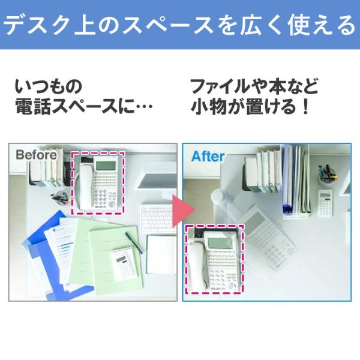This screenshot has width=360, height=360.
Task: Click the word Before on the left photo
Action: coord(36,155)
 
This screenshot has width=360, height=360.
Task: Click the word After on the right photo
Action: coord(208,157)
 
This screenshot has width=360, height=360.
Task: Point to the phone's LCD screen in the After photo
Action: coord(220,241)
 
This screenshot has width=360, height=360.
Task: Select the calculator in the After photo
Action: coord(325,202)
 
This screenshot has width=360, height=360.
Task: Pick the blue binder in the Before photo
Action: coord(42,258)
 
